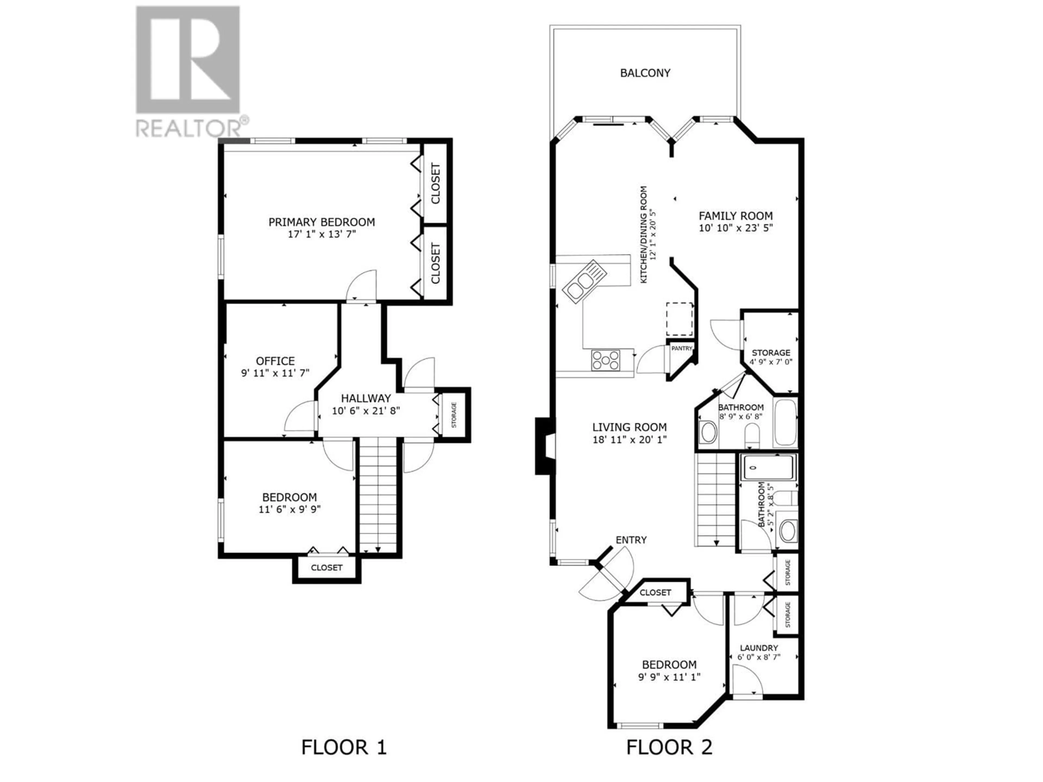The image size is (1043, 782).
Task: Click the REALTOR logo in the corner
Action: click(x=192, y=72)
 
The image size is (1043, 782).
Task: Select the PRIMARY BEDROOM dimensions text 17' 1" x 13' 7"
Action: click(x=322, y=234)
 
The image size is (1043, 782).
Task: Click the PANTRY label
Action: click(x=682, y=348)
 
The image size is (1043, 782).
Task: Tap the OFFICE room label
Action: click(x=275, y=361)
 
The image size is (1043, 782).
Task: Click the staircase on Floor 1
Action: click(x=378, y=495)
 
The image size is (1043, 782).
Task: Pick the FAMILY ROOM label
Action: click(x=736, y=216)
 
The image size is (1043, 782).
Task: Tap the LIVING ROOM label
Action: click(x=630, y=427)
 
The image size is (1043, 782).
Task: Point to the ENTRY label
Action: click(x=631, y=540)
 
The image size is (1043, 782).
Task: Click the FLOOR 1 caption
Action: click(x=344, y=747)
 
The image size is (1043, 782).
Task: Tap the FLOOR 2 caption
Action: click(x=669, y=747)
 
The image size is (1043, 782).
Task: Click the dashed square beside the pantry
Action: click(x=680, y=319)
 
